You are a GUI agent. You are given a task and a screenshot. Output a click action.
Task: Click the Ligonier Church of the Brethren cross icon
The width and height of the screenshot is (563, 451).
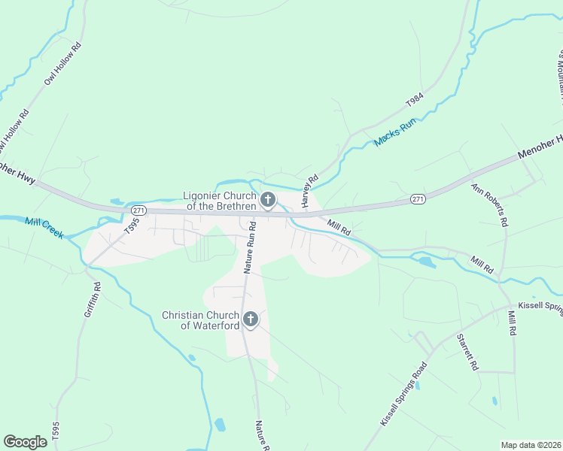coord(267,200)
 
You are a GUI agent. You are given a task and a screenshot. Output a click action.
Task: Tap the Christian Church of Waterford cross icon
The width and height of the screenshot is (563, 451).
coord(250,319)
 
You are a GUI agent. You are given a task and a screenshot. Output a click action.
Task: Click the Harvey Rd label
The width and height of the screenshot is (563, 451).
coord(309,192)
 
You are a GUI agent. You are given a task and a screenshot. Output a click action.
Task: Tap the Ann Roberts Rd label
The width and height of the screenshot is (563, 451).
coord(491,205)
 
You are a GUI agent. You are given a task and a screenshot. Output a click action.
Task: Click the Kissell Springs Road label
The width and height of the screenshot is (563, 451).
coord(403,395)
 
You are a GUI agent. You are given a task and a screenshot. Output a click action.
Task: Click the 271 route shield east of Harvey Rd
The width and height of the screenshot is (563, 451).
coord(418,198)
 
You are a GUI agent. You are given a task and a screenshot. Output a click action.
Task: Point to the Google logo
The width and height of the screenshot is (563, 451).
coord(26,442)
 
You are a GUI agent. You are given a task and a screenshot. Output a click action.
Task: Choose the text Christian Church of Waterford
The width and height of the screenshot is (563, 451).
coord(200,320)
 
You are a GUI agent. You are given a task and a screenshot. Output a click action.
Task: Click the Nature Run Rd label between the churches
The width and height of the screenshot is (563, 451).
coord(250,246)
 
